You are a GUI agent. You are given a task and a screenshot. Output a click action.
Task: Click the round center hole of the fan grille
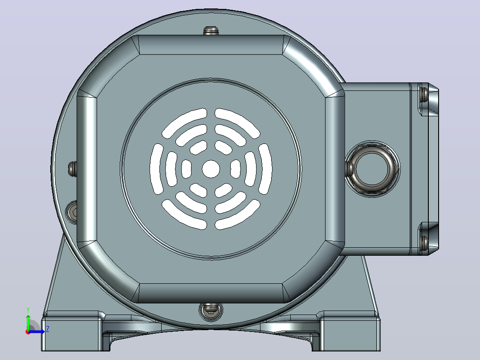point(211,169)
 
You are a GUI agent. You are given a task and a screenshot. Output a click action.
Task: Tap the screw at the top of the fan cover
point(211,31)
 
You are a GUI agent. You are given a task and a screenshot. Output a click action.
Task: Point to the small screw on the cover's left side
point(72,168)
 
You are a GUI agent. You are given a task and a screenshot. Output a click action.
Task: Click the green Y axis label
point(28,310)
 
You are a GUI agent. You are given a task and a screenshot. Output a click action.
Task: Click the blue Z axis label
point(48,330)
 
